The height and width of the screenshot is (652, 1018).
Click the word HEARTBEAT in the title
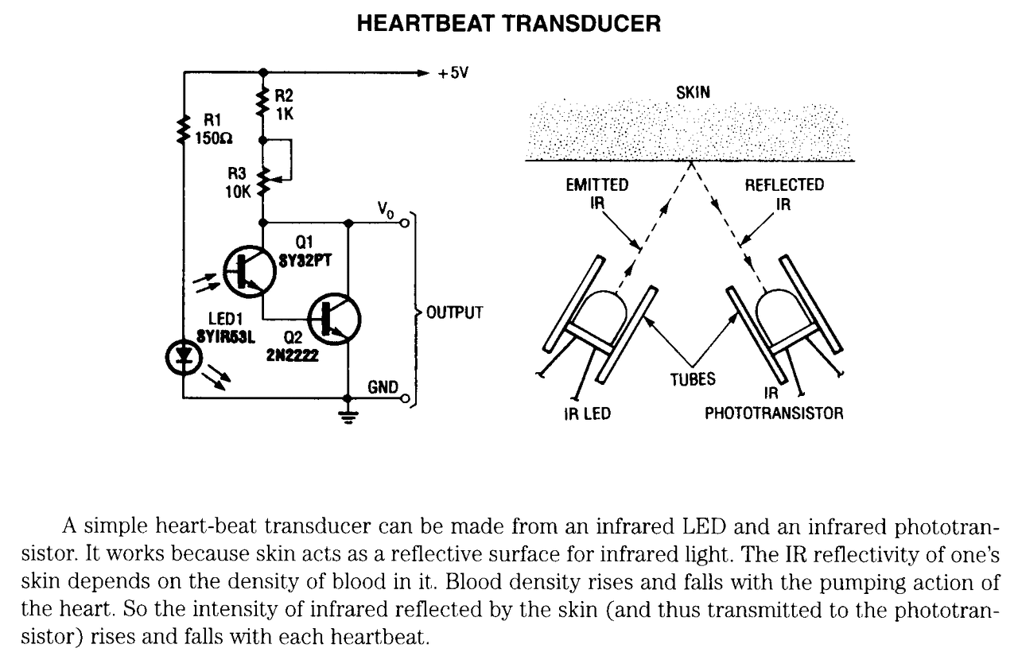click(x=425, y=24)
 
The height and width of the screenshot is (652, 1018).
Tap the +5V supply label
click(x=453, y=72)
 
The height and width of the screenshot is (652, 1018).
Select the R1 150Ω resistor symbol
click(x=184, y=129)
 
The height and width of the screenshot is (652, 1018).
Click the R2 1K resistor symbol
click(x=262, y=103)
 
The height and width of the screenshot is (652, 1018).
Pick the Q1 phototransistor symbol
click(x=249, y=272)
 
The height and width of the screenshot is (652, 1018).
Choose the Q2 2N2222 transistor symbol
click(x=334, y=319)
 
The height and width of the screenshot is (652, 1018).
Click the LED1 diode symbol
click(x=184, y=358)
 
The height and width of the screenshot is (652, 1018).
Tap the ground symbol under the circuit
click(x=348, y=416)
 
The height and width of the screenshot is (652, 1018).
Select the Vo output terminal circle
click(x=405, y=223)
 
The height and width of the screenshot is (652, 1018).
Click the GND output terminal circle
click(x=406, y=399)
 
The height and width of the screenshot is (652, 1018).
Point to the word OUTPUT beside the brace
click(x=454, y=312)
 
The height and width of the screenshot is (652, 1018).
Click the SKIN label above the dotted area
click(x=693, y=93)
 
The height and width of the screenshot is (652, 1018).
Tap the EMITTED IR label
click(x=597, y=194)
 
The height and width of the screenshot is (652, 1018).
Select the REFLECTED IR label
click(x=784, y=194)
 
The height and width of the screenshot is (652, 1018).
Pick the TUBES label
click(x=693, y=379)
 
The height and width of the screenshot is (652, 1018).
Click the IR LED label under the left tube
click(x=588, y=413)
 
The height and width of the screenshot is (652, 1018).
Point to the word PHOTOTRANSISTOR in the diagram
click(x=774, y=413)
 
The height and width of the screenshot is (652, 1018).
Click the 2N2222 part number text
click(x=292, y=355)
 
